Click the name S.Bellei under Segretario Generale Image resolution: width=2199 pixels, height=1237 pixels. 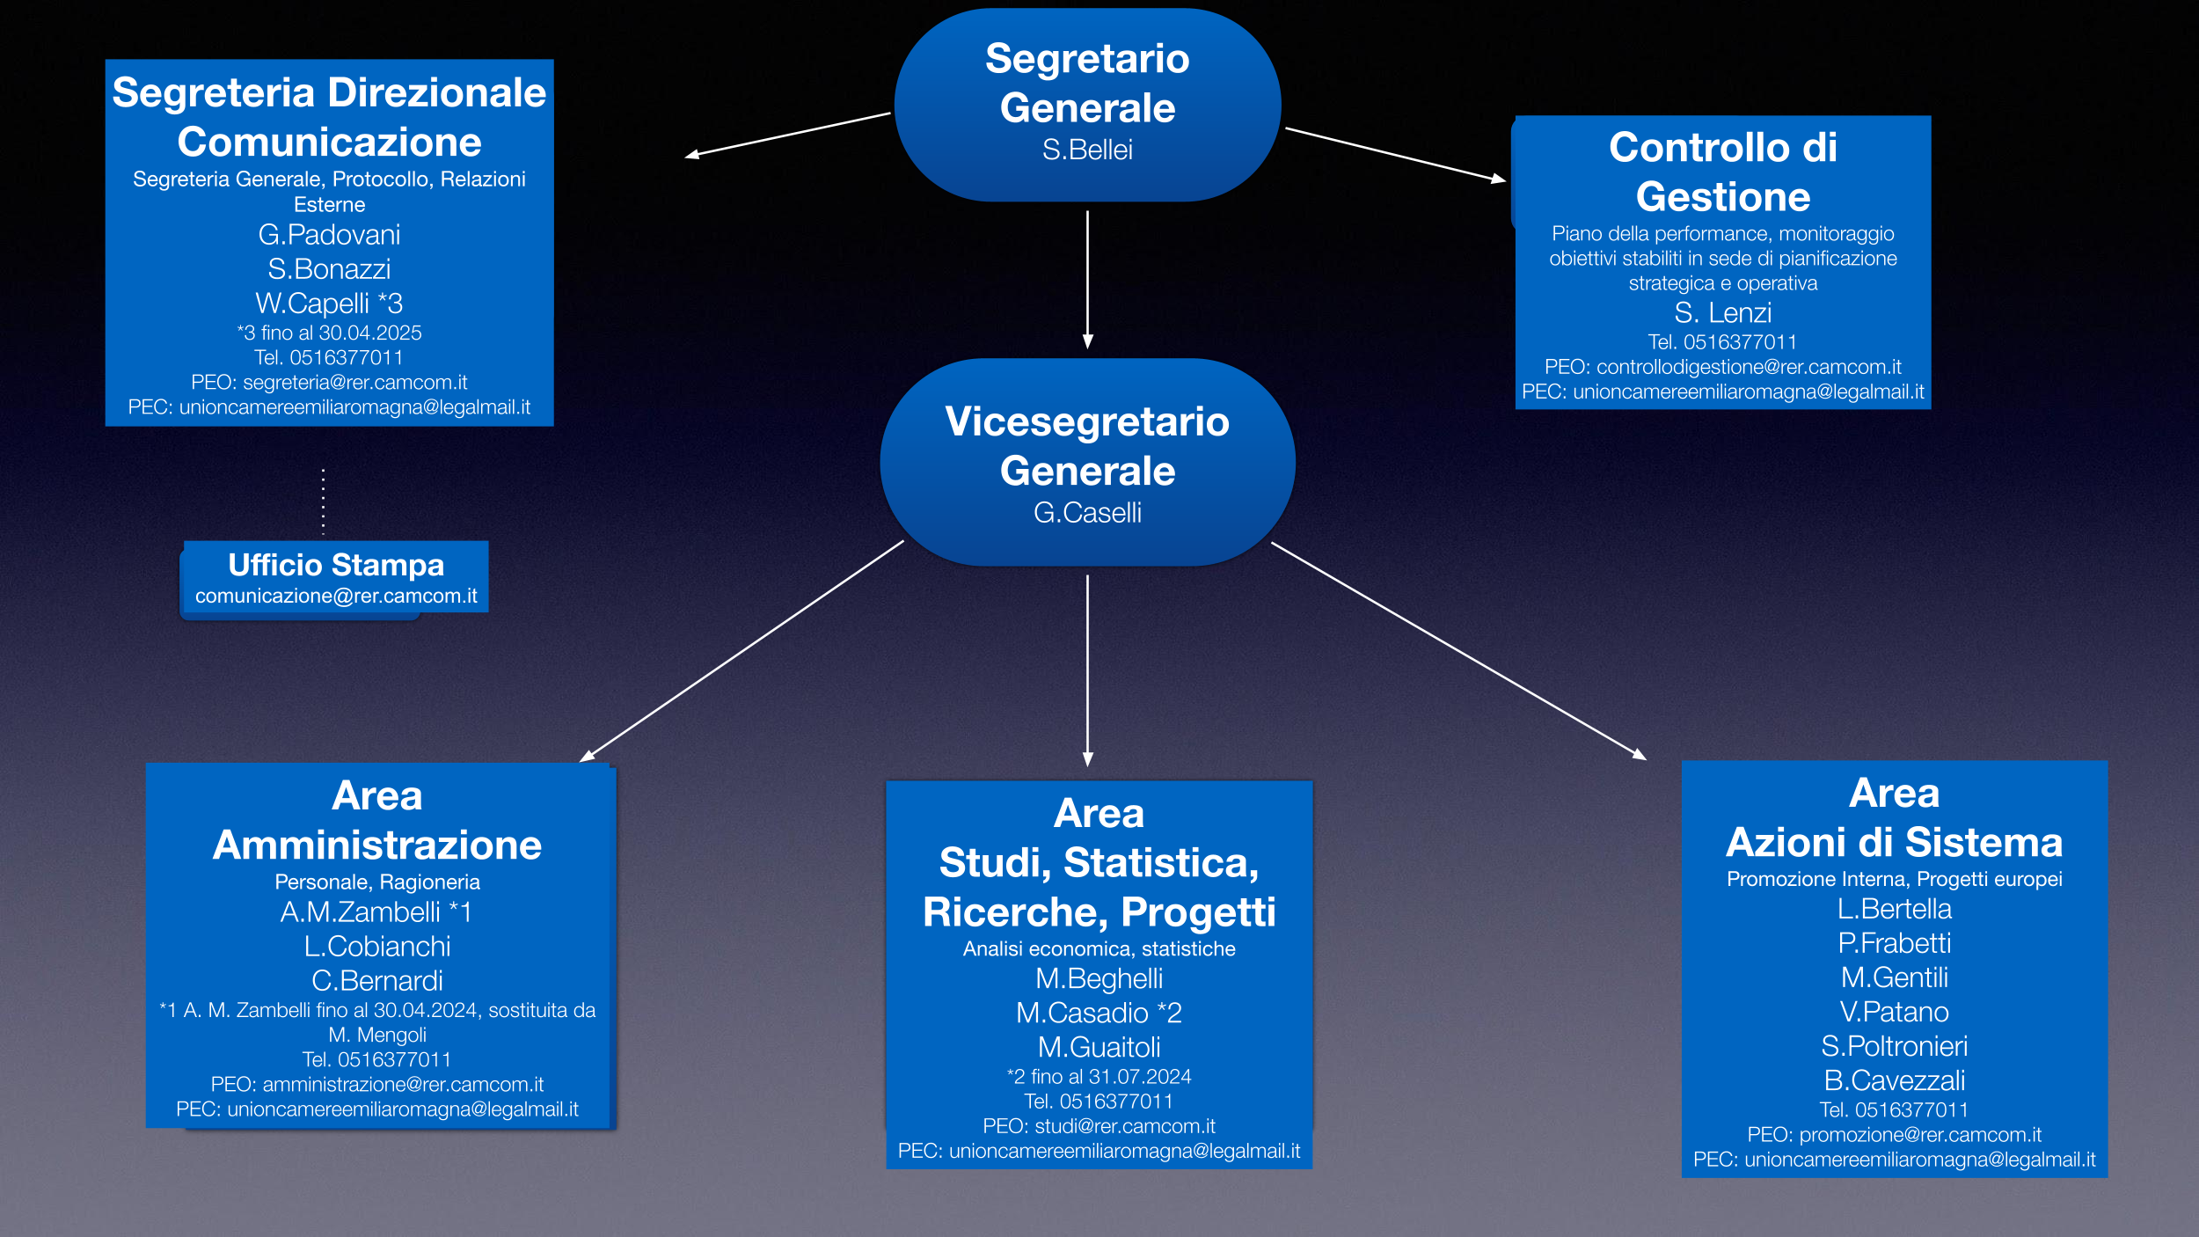[x=1087, y=150]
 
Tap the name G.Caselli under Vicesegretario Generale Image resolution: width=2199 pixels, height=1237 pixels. [x=1087, y=513]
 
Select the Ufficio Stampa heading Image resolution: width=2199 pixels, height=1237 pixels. [x=336, y=565]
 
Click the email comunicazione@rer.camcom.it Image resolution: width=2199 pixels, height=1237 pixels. [x=336, y=597]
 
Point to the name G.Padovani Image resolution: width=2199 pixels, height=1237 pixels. [x=329, y=235]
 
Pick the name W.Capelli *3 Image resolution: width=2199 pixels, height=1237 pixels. [x=329, y=304]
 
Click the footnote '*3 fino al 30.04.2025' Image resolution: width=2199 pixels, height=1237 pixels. [x=329, y=333]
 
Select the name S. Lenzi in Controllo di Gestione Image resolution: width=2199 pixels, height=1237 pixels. [x=1722, y=313]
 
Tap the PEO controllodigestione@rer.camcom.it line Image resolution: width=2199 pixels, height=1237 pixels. [x=1722, y=367]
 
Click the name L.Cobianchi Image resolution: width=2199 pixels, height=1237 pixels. [x=376, y=947]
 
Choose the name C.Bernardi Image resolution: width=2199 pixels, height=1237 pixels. [x=376, y=981]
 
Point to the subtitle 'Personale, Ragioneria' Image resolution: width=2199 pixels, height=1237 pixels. [x=376, y=882]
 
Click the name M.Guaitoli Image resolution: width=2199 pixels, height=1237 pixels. [x=1099, y=1048]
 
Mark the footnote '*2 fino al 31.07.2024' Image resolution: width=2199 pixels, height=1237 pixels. [x=1099, y=1077]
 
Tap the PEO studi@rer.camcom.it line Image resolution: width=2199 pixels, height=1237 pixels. [x=1099, y=1127]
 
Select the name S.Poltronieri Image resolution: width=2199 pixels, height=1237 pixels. [x=1894, y=1047]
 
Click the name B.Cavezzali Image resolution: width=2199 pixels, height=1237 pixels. [x=1894, y=1081]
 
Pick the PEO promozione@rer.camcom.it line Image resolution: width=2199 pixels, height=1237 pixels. [x=1894, y=1136]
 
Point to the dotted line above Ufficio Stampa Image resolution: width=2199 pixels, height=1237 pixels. [x=324, y=501]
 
